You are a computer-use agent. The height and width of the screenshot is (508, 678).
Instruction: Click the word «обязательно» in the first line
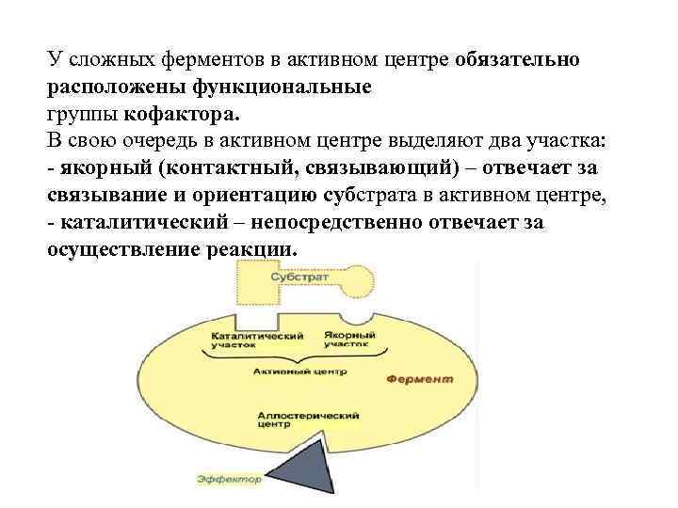(524, 60)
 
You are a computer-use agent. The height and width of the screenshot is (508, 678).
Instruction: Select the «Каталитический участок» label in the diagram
(256, 340)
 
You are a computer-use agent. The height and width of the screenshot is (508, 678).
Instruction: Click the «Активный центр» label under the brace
(299, 372)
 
